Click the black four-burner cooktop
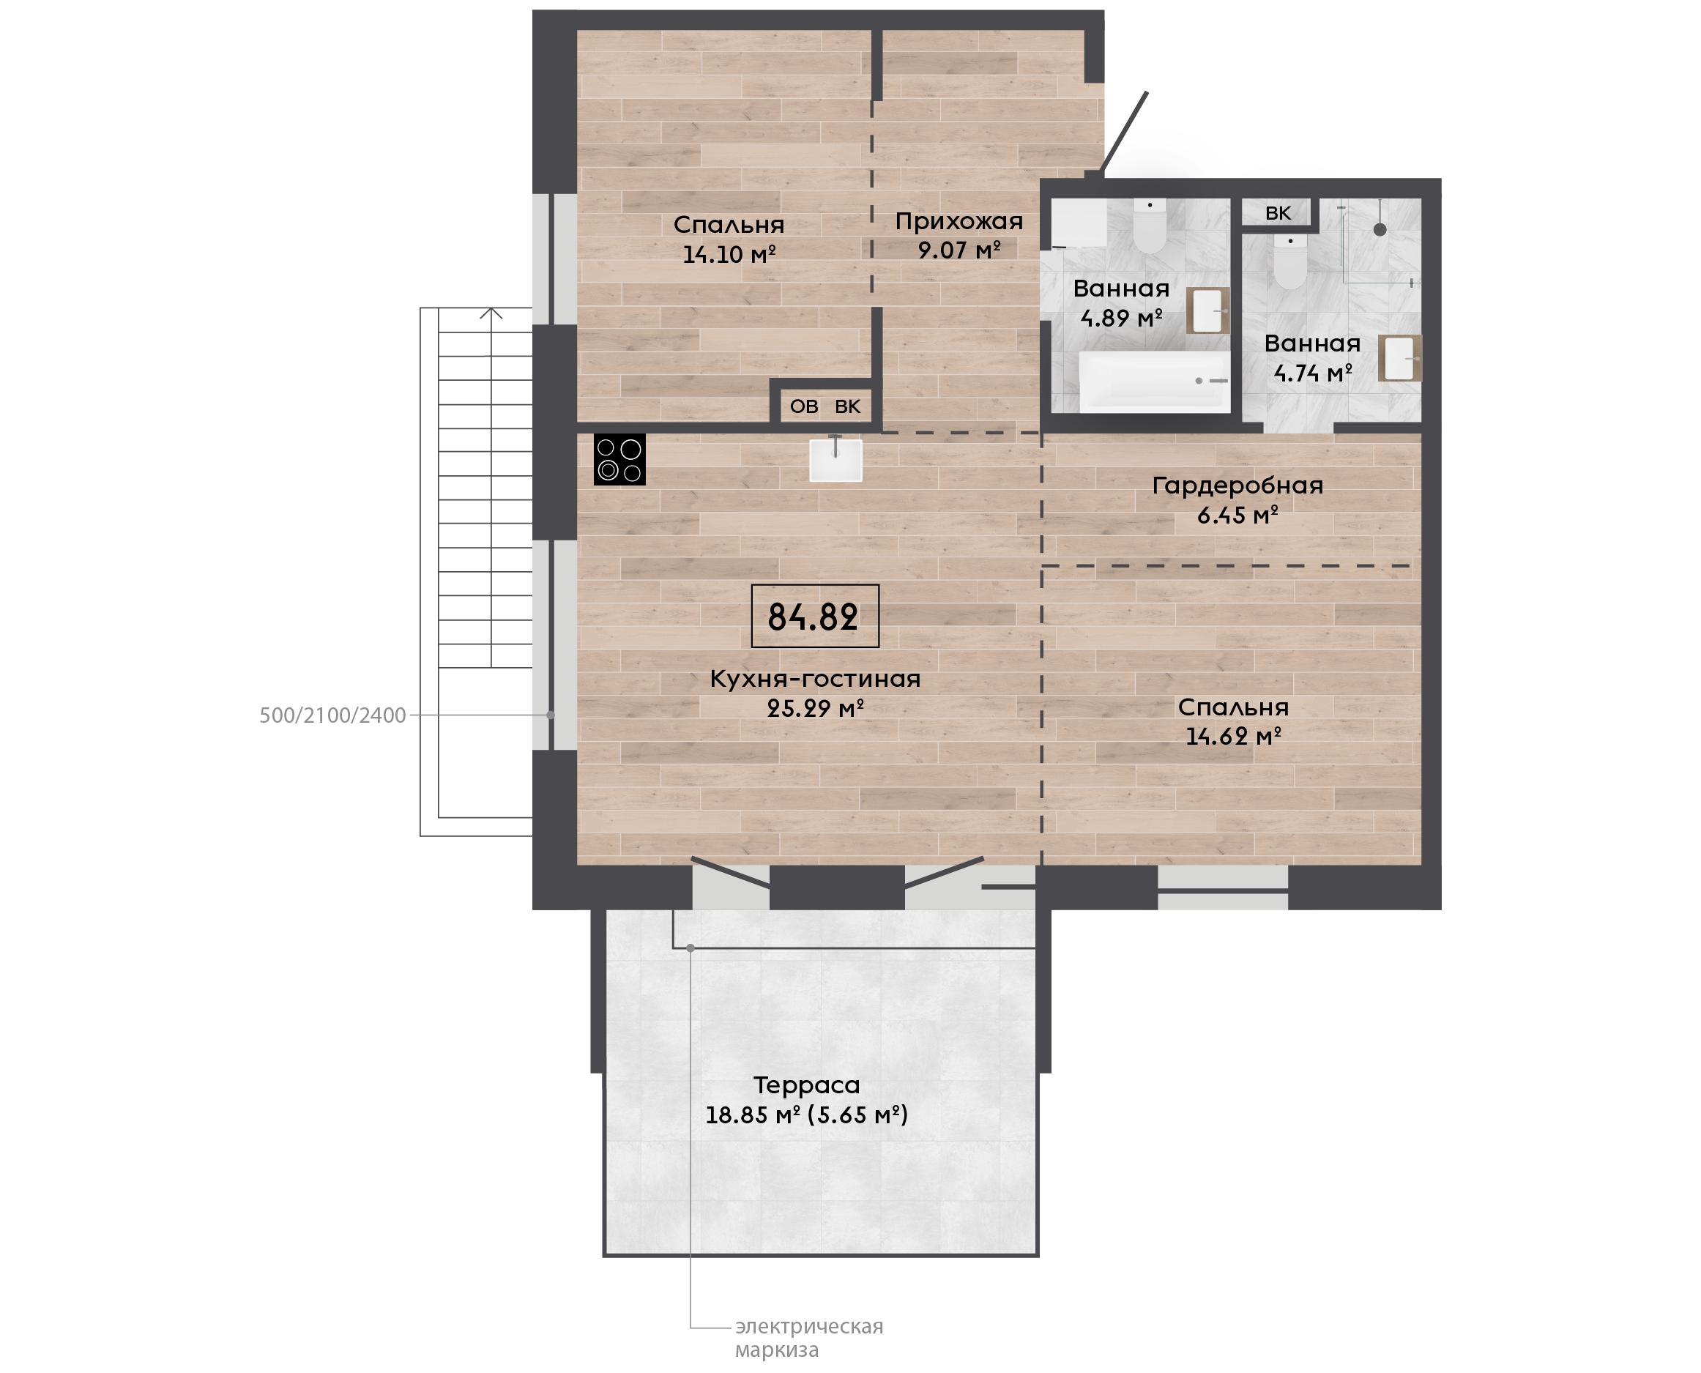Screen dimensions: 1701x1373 click(x=619, y=460)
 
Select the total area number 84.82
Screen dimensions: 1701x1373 click(x=813, y=617)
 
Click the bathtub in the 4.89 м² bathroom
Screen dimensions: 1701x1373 click(x=1155, y=382)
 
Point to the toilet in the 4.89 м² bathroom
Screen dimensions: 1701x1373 click(x=1150, y=226)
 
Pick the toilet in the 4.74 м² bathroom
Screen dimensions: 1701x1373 click(x=1289, y=261)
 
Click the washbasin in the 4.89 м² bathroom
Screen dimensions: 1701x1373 click(x=1207, y=310)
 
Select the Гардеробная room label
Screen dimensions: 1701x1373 click(x=1237, y=485)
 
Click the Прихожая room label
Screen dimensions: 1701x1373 click(x=959, y=221)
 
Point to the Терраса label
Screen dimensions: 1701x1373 click(x=807, y=1085)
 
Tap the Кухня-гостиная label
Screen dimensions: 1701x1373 click(x=815, y=679)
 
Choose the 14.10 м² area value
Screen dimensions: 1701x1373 click(x=729, y=255)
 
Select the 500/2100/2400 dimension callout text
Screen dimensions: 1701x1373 click(x=333, y=715)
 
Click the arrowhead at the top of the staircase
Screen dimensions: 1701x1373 click(x=491, y=313)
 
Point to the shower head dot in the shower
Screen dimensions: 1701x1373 click(x=1380, y=230)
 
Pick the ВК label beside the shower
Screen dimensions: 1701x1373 click(x=1278, y=213)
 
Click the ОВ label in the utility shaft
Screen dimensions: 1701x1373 click(x=804, y=406)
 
